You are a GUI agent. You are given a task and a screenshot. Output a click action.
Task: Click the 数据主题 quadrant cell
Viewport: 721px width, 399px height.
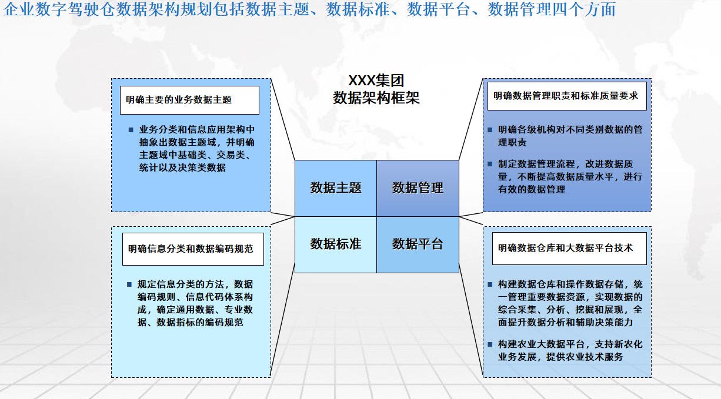[336, 188]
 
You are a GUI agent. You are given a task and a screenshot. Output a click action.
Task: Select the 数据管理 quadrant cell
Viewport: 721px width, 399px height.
[418, 188]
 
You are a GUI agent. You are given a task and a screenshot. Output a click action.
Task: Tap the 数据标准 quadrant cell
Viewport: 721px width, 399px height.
[336, 244]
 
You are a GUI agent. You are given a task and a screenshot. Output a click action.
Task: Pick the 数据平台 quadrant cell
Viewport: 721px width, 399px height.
[418, 244]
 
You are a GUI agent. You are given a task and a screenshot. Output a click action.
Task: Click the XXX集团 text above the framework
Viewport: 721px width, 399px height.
[376, 81]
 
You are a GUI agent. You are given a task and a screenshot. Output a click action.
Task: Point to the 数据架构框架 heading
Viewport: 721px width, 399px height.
[376, 98]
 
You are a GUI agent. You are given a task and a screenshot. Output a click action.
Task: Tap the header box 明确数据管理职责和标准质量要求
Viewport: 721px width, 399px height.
[566, 96]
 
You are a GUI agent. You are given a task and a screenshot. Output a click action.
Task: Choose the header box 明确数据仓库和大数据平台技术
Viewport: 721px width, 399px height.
[569, 248]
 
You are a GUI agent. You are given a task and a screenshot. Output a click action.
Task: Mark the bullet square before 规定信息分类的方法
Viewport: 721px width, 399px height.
[129, 284]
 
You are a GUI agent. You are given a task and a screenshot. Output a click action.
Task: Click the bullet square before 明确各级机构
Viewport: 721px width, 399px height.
[490, 129]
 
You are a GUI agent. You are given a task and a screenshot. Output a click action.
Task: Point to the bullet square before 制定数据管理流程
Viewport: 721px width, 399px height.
[490, 164]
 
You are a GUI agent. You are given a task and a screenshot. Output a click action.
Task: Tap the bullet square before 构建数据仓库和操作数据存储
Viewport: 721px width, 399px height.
[490, 284]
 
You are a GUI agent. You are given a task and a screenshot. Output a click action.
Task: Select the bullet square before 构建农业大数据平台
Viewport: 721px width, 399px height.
[490, 344]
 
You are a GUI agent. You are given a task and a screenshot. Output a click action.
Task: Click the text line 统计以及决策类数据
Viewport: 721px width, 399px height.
[182, 168]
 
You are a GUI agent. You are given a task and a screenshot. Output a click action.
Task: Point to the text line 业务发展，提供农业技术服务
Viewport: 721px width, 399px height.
[560, 357]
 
